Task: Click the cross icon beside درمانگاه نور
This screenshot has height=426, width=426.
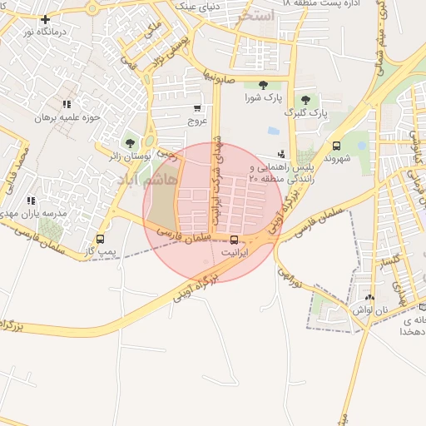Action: pyautogui.click(x=44, y=19)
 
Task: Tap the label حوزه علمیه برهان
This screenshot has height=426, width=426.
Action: pyautogui.click(x=67, y=117)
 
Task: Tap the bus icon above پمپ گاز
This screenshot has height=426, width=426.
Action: pyautogui.click(x=100, y=239)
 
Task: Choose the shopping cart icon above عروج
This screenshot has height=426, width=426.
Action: pyautogui.click(x=197, y=108)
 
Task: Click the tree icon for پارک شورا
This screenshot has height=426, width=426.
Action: pyautogui.click(x=263, y=85)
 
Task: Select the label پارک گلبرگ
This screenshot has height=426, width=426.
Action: pyautogui.click(x=305, y=111)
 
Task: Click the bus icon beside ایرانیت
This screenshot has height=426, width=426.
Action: pyautogui.click(x=233, y=240)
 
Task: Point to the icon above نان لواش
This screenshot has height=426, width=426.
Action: pyautogui.click(x=369, y=297)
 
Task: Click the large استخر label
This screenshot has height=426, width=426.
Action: pyautogui.click(x=255, y=16)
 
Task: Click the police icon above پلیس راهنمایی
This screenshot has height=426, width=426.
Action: pyautogui.click(x=281, y=154)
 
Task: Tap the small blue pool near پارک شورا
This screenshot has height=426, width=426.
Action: pyautogui.click(x=273, y=131)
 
